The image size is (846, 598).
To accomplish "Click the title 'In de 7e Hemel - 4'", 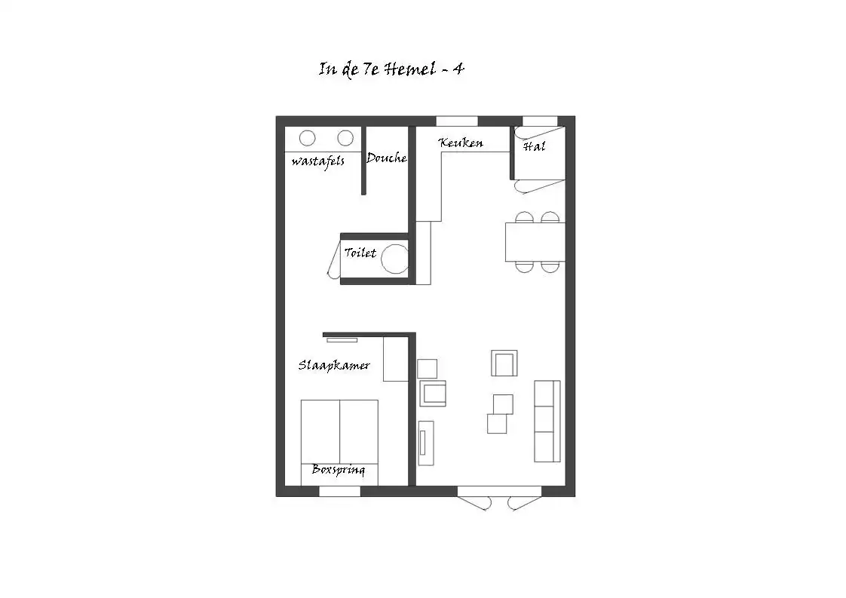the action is (391, 69).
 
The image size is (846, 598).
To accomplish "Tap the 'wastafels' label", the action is (317, 161).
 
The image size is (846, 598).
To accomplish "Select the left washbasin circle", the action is (307, 138).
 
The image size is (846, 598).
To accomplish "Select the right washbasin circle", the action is (345, 138).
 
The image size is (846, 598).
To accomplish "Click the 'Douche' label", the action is (386, 158).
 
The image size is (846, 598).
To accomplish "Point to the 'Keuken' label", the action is (461, 143).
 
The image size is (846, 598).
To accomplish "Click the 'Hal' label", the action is (534, 146).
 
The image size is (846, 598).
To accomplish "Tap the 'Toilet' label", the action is (360, 253).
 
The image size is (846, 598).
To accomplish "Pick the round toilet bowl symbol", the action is (395, 259).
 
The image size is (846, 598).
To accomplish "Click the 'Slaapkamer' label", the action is (334, 366).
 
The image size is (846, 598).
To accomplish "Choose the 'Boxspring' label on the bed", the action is (339, 470).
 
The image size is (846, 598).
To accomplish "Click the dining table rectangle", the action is (535, 242).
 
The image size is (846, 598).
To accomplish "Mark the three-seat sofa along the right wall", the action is (547, 421).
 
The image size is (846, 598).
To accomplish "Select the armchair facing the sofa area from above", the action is (504, 363).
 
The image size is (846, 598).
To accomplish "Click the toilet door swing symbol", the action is (333, 259).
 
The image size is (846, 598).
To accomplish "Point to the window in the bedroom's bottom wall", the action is (339, 491).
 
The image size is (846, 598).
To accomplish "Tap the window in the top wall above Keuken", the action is (456, 121).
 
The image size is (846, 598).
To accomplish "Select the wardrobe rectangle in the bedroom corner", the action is (396, 359).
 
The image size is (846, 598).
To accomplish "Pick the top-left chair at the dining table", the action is (524, 217).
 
